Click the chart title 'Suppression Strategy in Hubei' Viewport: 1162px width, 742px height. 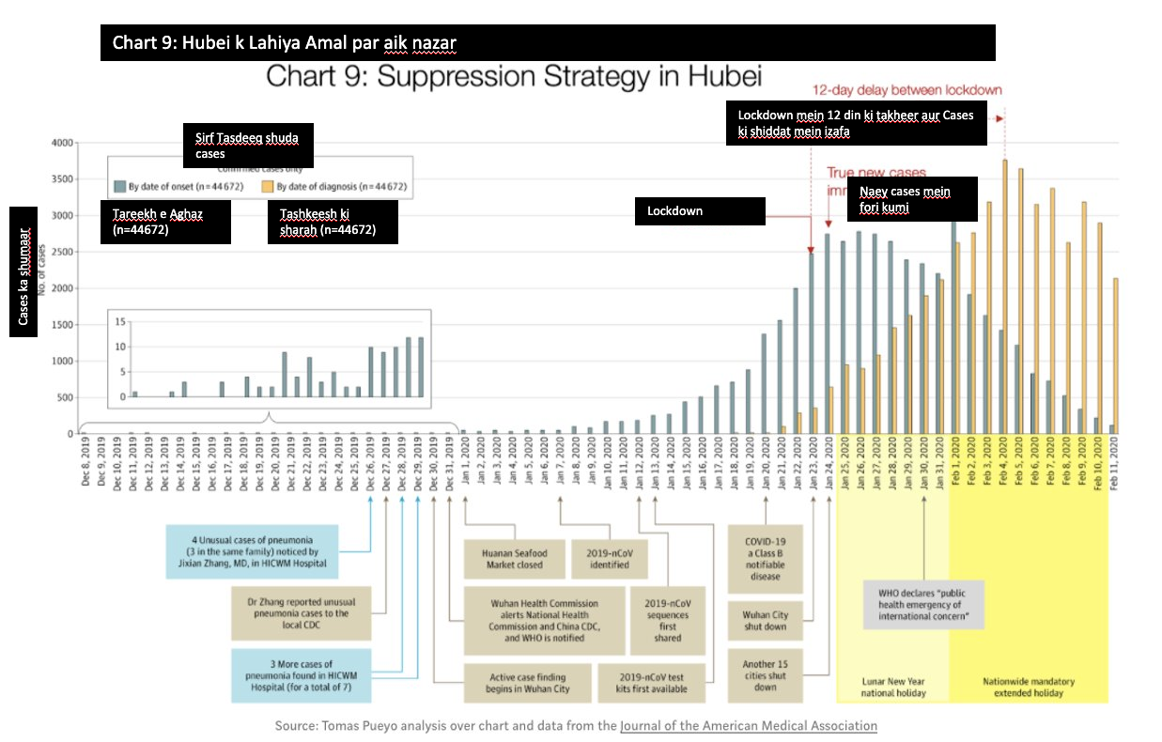(514, 76)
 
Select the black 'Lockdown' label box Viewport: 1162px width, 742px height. (700, 211)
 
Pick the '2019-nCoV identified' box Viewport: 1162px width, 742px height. (610, 558)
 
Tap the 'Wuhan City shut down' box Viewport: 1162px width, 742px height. (765, 621)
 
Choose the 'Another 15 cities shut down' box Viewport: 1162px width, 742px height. (765, 675)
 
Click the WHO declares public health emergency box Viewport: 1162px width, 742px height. (924, 605)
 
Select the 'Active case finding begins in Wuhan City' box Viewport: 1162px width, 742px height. (529, 683)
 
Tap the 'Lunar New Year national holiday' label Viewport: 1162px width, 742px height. (893, 687)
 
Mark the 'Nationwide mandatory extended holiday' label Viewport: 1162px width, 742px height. (1029, 687)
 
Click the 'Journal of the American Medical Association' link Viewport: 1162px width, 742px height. (749, 725)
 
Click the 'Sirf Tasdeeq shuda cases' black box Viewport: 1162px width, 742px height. (247, 146)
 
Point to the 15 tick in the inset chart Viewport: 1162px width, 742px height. (119, 321)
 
